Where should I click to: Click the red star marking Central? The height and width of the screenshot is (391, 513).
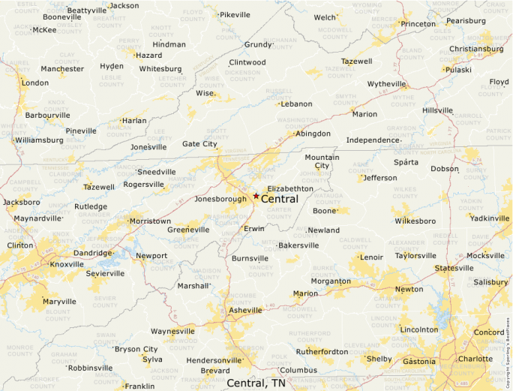(x=256, y=196)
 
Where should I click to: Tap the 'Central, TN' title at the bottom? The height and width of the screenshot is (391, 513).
(x=256, y=383)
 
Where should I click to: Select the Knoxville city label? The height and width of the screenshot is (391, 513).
(x=67, y=264)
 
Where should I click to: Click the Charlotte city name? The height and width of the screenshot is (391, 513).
(x=475, y=359)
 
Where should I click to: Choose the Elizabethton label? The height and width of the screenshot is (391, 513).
(x=289, y=188)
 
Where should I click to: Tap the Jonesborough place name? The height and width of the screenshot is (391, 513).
(x=220, y=199)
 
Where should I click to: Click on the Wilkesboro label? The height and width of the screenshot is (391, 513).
(x=415, y=221)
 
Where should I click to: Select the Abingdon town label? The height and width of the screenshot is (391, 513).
(x=313, y=134)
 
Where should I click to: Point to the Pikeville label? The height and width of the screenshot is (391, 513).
(x=235, y=15)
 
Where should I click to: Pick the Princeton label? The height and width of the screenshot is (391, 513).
(x=418, y=24)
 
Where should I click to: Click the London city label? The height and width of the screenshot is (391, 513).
(x=35, y=83)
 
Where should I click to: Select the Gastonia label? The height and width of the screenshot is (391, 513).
(x=418, y=362)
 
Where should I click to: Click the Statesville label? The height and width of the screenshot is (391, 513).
(x=454, y=268)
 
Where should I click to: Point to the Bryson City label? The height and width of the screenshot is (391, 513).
(x=136, y=349)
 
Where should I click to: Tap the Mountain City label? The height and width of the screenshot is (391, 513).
(x=322, y=161)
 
